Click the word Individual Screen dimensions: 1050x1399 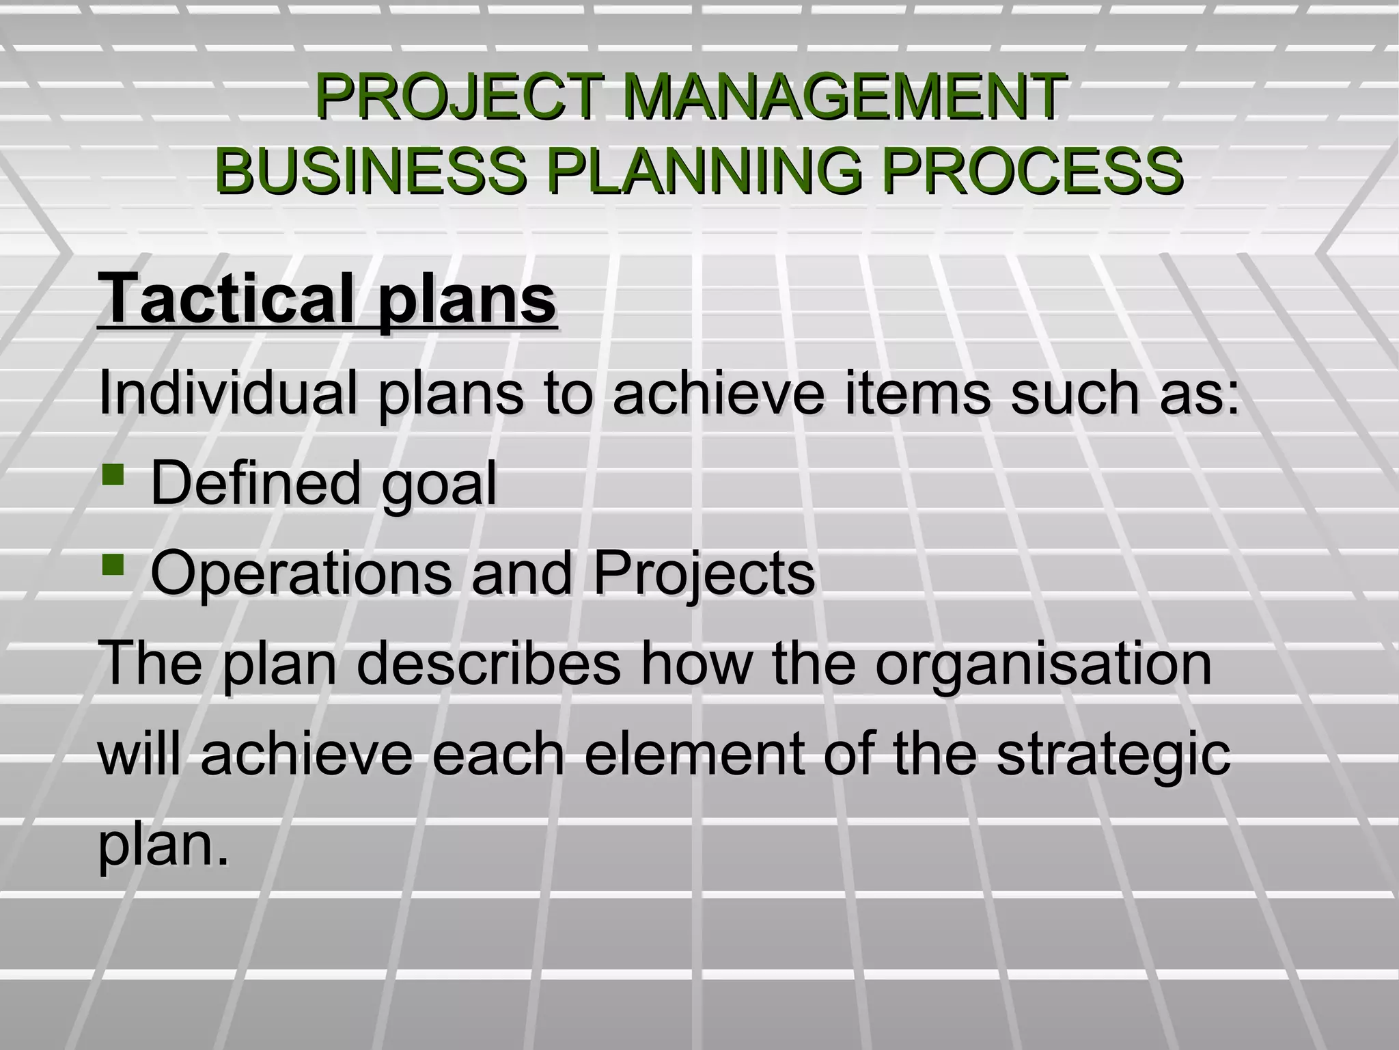coord(228,393)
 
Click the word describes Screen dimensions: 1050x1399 coord(488,663)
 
